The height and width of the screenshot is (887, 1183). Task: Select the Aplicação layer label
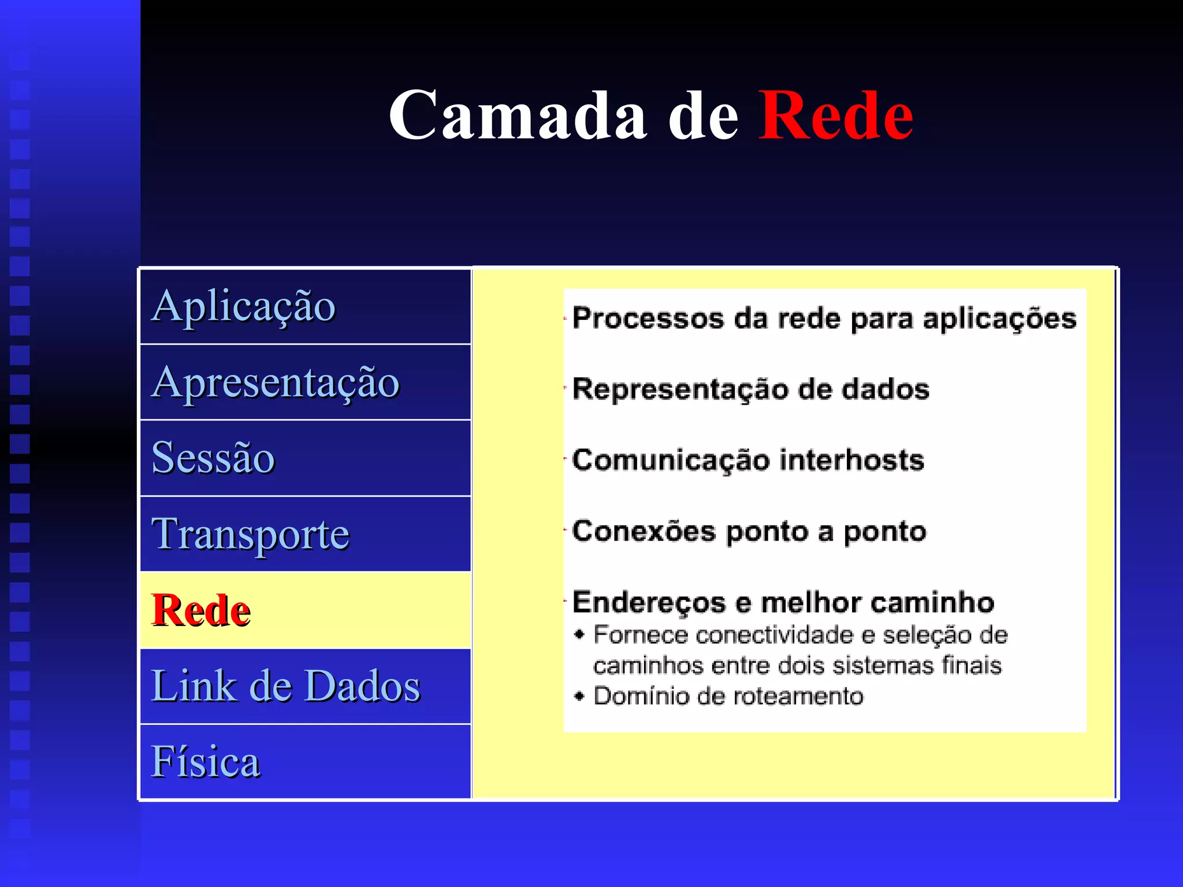point(243,306)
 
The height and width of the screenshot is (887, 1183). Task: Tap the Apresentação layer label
point(276,382)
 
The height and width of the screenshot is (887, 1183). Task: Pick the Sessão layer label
point(213,458)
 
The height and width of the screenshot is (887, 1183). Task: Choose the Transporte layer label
point(250,534)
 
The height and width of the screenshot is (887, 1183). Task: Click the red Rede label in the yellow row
point(201,610)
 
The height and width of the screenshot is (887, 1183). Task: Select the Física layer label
point(206,762)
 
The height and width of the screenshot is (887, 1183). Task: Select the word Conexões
point(643,531)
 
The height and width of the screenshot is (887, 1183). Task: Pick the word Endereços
point(649,603)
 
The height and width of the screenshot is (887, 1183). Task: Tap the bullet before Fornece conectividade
point(579,635)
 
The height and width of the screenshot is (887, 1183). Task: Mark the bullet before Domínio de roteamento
point(579,696)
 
